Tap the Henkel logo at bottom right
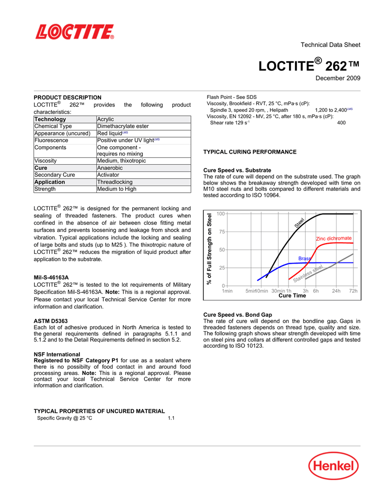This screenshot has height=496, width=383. coord(334,467)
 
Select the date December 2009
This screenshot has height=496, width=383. coord(337,78)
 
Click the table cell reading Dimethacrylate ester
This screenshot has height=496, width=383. coord(123,126)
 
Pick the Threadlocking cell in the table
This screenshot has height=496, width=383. coord(115,182)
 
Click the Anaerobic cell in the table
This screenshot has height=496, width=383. coord(110,168)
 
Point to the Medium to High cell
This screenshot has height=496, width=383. coord(117,189)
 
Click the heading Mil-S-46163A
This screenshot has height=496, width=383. coord(51,278)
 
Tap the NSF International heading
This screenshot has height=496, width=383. coord(57,354)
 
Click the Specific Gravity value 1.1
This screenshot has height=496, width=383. coord(171,418)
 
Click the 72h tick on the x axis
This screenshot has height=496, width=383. coord(352,291)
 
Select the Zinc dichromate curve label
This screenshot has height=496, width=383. coord(334,238)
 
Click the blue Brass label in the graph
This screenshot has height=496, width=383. coord(305,259)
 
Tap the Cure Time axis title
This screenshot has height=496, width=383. coord(292,295)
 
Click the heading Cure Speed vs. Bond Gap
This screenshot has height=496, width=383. coord(238,314)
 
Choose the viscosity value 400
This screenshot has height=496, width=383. coord(341,123)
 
